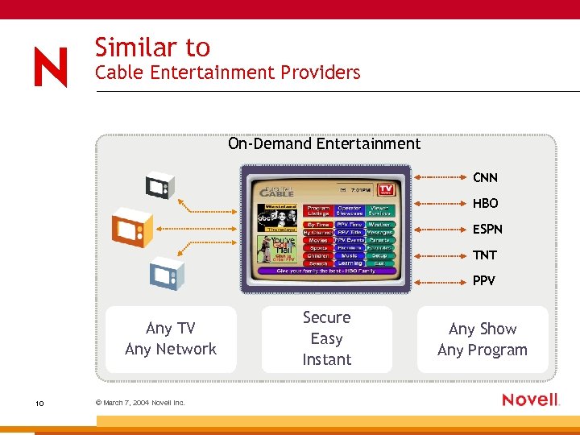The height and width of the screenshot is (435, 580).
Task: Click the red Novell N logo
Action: click(51, 67)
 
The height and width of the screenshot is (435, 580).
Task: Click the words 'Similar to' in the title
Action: click(152, 48)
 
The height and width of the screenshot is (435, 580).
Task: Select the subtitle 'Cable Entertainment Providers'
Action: click(227, 72)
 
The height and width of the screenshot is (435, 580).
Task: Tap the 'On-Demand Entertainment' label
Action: click(324, 144)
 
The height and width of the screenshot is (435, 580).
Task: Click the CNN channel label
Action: click(485, 177)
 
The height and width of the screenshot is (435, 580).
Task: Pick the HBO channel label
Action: click(485, 203)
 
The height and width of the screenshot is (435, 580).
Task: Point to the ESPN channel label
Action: click(487, 229)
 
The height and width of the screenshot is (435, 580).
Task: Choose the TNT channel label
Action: click(484, 255)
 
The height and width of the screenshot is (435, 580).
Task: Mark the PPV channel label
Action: click(483, 280)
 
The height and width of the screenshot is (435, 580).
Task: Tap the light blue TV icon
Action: click(167, 272)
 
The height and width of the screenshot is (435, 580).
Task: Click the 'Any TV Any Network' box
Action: click(171, 338)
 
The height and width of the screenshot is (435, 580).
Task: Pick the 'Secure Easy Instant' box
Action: click(326, 338)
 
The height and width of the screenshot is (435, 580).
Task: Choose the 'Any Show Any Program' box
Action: click(482, 339)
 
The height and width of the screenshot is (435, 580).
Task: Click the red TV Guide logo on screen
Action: click(390, 190)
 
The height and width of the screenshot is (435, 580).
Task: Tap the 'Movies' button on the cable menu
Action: click(318, 240)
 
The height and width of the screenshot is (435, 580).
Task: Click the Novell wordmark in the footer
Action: click(530, 400)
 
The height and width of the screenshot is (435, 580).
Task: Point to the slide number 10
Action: click(39, 403)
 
